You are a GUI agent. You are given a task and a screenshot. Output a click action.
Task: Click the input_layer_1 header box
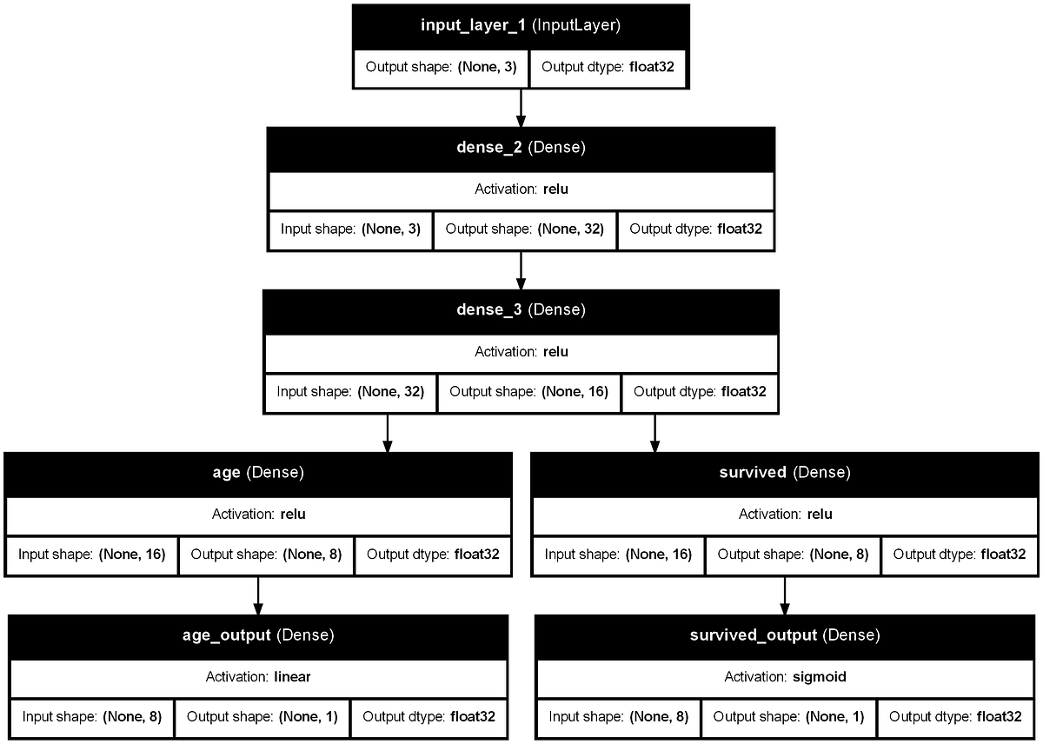(x=520, y=25)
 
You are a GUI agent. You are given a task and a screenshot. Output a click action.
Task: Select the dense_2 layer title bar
(x=521, y=148)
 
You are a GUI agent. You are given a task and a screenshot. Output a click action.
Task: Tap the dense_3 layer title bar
(x=521, y=310)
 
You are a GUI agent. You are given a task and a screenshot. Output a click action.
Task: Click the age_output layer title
(x=257, y=635)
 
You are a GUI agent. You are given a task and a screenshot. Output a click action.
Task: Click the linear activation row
(x=257, y=676)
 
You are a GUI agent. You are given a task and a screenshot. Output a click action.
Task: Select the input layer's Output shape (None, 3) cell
(x=440, y=67)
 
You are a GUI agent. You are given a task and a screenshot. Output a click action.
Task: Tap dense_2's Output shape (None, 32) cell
(x=524, y=230)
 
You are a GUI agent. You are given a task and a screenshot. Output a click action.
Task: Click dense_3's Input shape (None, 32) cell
(x=349, y=392)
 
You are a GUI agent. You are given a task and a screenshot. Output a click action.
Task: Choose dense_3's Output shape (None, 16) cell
(x=529, y=392)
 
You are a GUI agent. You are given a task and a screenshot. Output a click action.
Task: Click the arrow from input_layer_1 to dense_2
(x=521, y=107)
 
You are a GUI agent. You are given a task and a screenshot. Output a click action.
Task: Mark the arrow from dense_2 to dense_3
(x=521, y=270)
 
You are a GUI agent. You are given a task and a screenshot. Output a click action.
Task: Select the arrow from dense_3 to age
(x=388, y=433)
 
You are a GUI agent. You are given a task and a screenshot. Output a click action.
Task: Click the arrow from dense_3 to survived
(x=654, y=433)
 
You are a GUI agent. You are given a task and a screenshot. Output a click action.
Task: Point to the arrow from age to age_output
(x=257, y=595)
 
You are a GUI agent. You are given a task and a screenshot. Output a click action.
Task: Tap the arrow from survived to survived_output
(x=785, y=595)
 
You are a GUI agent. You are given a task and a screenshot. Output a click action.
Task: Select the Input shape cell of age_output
(x=92, y=718)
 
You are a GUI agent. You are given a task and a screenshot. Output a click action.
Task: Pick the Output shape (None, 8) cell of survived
(x=793, y=555)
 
